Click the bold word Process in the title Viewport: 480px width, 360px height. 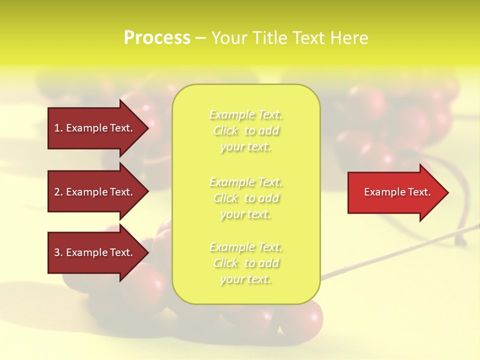[157, 38]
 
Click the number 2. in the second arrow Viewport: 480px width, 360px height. [58, 192]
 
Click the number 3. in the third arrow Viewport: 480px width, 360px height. [58, 252]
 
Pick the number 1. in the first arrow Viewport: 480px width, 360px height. [58, 128]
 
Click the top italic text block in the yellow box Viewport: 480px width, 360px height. [245, 130]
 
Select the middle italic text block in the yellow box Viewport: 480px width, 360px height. [245, 198]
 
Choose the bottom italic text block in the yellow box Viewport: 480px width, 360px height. [245, 263]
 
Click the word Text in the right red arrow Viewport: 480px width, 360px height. [419, 192]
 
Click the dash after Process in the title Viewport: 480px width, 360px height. [200, 38]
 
